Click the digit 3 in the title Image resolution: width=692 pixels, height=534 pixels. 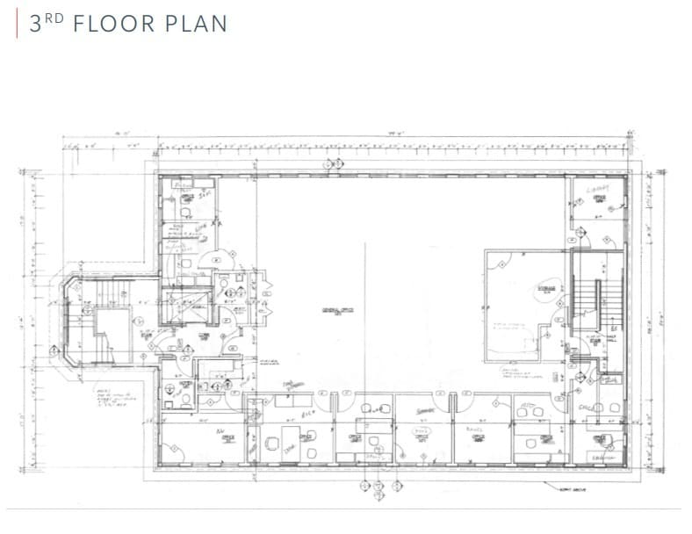pyautogui.click(x=35, y=24)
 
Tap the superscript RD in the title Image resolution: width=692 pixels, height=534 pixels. pyautogui.click(x=54, y=18)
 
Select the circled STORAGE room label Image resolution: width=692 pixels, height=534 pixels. pyautogui.click(x=546, y=291)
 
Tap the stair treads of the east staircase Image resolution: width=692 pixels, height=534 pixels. pyautogui.click(x=586, y=299)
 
